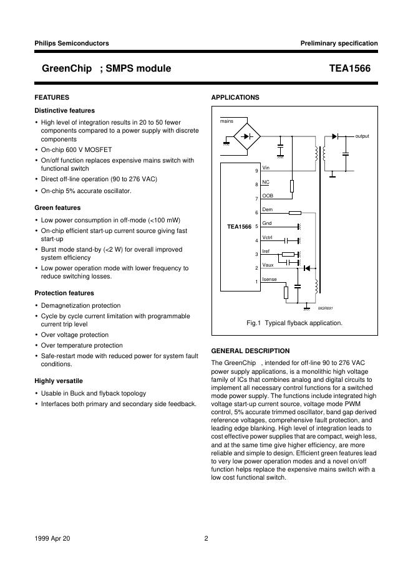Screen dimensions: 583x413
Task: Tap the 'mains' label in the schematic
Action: click(226, 121)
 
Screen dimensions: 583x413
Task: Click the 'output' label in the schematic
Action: click(362, 136)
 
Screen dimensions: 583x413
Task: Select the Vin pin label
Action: click(266, 168)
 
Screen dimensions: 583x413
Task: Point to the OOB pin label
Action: click(268, 196)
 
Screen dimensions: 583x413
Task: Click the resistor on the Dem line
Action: click(296, 213)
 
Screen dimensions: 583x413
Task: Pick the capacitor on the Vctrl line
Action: click(286, 240)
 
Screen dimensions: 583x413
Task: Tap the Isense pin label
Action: click(270, 279)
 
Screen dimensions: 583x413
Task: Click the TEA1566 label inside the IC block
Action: click(239, 226)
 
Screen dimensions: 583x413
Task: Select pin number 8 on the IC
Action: click(256, 185)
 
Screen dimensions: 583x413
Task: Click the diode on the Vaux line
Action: click(306, 268)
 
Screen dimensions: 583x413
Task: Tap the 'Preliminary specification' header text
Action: click(339, 43)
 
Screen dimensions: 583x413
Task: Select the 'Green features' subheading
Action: click(57, 207)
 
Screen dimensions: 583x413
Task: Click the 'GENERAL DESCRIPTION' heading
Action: click(250, 351)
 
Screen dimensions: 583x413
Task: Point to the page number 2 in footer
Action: click(206, 539)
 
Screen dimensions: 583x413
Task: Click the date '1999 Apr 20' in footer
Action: click(52, 539)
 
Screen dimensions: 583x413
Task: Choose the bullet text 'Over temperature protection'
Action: click(82, 345)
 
